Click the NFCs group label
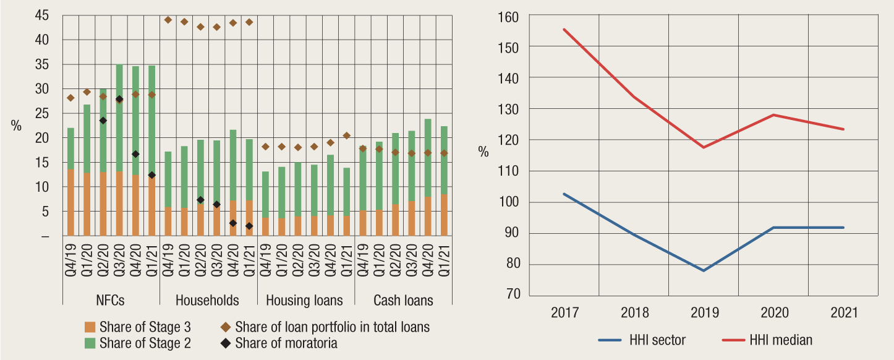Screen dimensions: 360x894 click(111, 301)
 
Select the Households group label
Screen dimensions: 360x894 click(207, 301)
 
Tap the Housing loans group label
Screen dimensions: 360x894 click(304, 301)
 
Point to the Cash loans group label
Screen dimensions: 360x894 click(403, 301)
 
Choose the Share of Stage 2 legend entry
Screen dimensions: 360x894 click(138, 343)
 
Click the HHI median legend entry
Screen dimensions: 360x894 click(780, 340)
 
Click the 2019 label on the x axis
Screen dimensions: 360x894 click(704, 313)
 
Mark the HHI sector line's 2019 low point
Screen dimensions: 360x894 click(704, 270)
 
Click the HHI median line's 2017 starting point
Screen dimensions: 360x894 click(564, 29)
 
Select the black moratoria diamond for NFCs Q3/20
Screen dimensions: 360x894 click(119, 99)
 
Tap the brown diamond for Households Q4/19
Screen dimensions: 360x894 click(168, 20)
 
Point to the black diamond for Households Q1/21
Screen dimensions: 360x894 click(249, 226)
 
